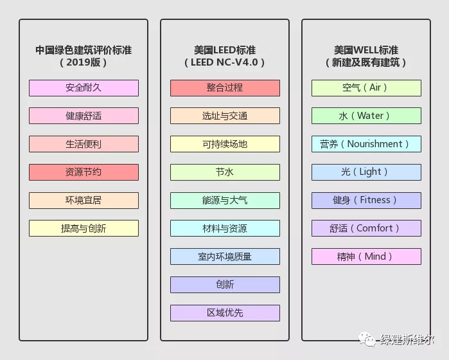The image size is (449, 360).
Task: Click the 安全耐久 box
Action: point(84,88)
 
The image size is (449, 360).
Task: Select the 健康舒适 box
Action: point(84,116)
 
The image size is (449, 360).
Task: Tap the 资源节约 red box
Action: point(84,172)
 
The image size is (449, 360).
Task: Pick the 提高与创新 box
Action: point(84,228)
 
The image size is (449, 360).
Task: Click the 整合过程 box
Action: point(225,88)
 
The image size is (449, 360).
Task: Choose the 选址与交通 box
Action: point(225,116)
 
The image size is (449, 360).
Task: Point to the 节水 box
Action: point(225,172)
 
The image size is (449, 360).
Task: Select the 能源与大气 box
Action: point(225,201)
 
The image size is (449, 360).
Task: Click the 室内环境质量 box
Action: point(225,256)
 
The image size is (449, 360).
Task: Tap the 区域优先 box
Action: point(225,313)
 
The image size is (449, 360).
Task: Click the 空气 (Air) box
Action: point(366,88)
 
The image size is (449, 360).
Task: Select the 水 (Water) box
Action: point(366,116)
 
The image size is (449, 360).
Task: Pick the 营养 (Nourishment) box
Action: point(366,144)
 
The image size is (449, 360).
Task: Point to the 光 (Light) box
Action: point(366,172)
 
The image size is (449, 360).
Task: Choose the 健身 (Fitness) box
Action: point(366,201)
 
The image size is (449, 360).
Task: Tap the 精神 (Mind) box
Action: point(366,256)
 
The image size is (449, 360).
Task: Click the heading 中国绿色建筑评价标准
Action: point(84,50)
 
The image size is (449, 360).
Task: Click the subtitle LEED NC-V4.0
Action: point(225,63)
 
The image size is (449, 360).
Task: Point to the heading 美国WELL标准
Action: point(366,50)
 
